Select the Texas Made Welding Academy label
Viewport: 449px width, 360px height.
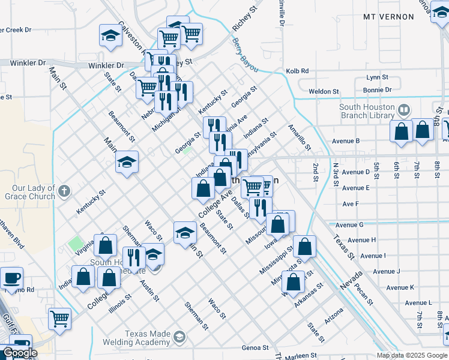[148, 338]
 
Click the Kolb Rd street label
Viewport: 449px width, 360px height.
[297, 71]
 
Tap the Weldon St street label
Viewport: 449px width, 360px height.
[324, 91]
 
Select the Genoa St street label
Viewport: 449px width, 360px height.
[255, 347]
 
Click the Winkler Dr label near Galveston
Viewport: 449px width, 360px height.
[106, 65]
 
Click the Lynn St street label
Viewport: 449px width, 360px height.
[378, 77]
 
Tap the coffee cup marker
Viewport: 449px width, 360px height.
[12, 278]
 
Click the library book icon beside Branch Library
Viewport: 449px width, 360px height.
[403, 110]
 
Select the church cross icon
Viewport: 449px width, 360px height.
[65, 192]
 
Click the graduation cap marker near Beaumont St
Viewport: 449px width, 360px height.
[185, 232]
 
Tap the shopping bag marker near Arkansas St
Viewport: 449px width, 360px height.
[294, 282]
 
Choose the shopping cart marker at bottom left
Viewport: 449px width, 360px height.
[59, 318]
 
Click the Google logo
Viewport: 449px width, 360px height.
[19, 353]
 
